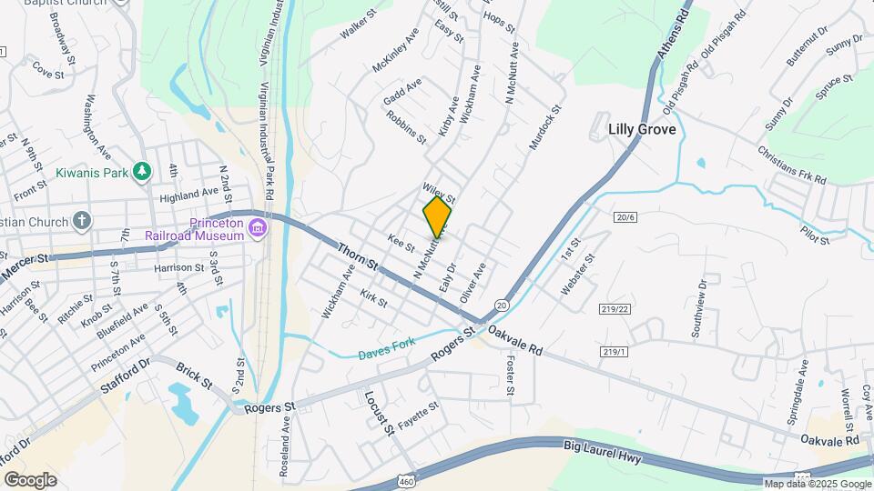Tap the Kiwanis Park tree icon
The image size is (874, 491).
click(141, 171)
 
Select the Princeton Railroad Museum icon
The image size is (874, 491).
click(258, 225)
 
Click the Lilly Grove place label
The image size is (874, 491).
click(642, 130)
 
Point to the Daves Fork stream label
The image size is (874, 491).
click(386, 346)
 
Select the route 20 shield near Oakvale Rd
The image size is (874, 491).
click(502, 304)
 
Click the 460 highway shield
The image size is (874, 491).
click(403, 478)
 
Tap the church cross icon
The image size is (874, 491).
click(82, 220)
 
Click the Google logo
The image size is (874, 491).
click(30, 479)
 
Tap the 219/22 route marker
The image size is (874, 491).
click(615, 309)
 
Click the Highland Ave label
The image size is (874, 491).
click(189, 194)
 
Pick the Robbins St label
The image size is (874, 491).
click(406, 127)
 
